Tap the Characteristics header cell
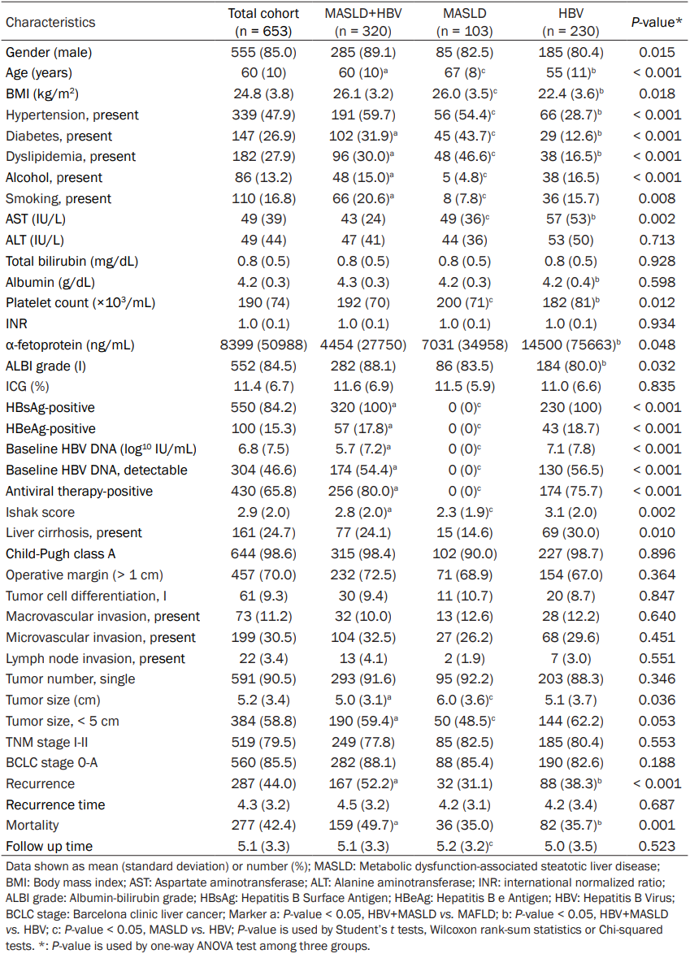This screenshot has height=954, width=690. point(50,23)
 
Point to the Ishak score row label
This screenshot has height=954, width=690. point(40,512)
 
